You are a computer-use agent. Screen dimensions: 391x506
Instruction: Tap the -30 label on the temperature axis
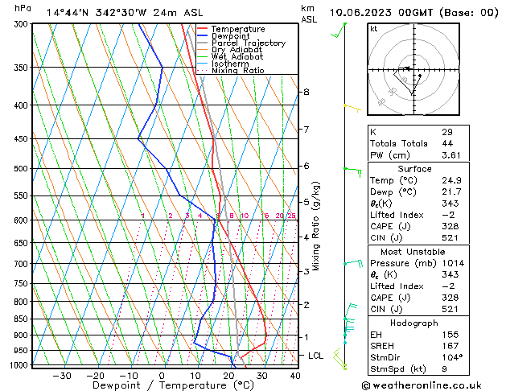pyautogui.click(x=61, y=376)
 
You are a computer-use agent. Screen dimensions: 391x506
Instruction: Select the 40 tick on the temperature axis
pyautogui.click(x=295, y=376)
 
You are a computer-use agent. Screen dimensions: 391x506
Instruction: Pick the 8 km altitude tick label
pyautogui.click(x=306, y=92)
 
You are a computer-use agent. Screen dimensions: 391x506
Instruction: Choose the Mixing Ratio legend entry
pyautogui.click(x=237, y=71)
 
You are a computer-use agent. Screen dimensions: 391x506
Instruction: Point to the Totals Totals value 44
pyautogui.click(x=447, y=143)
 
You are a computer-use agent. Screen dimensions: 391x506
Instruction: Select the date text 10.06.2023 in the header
pyautogui.click(x=366, y=12)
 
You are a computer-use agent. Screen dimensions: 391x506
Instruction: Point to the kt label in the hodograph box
pyautogui.click(x=374, y=29)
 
